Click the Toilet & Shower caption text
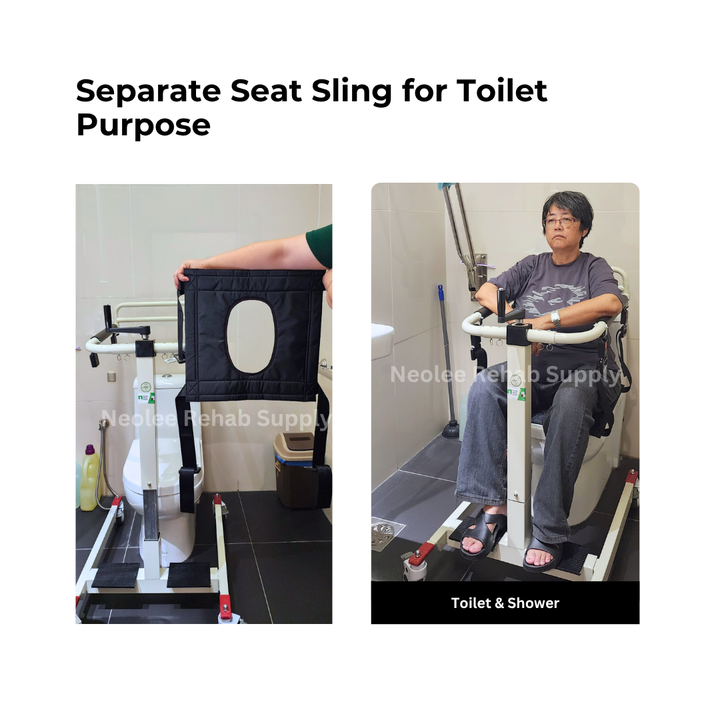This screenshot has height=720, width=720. point(505,603)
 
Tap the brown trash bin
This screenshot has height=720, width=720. point(295,470)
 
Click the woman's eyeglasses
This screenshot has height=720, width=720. point(562,223)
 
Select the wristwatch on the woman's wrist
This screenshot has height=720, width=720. point(555,319)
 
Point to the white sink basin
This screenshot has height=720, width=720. point(382,341)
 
